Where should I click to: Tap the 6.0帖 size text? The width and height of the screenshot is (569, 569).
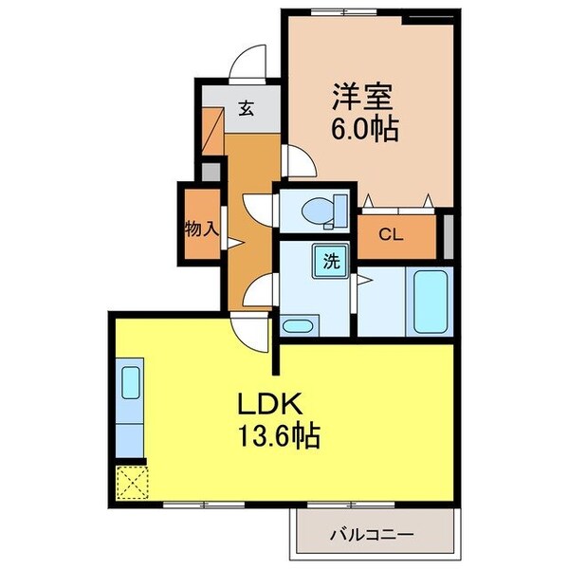tap(363, 128)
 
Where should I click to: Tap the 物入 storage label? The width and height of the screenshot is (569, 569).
tap(202, 229)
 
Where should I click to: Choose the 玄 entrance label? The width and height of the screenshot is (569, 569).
tap(246, 109)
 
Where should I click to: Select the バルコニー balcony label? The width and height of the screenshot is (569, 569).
tap(372, 535)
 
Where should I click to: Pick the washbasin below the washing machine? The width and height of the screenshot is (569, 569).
tap(296, 325)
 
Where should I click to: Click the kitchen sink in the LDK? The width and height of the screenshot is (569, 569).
tap(129, 384)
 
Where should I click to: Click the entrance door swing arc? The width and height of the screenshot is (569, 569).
tap(249, 62)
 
